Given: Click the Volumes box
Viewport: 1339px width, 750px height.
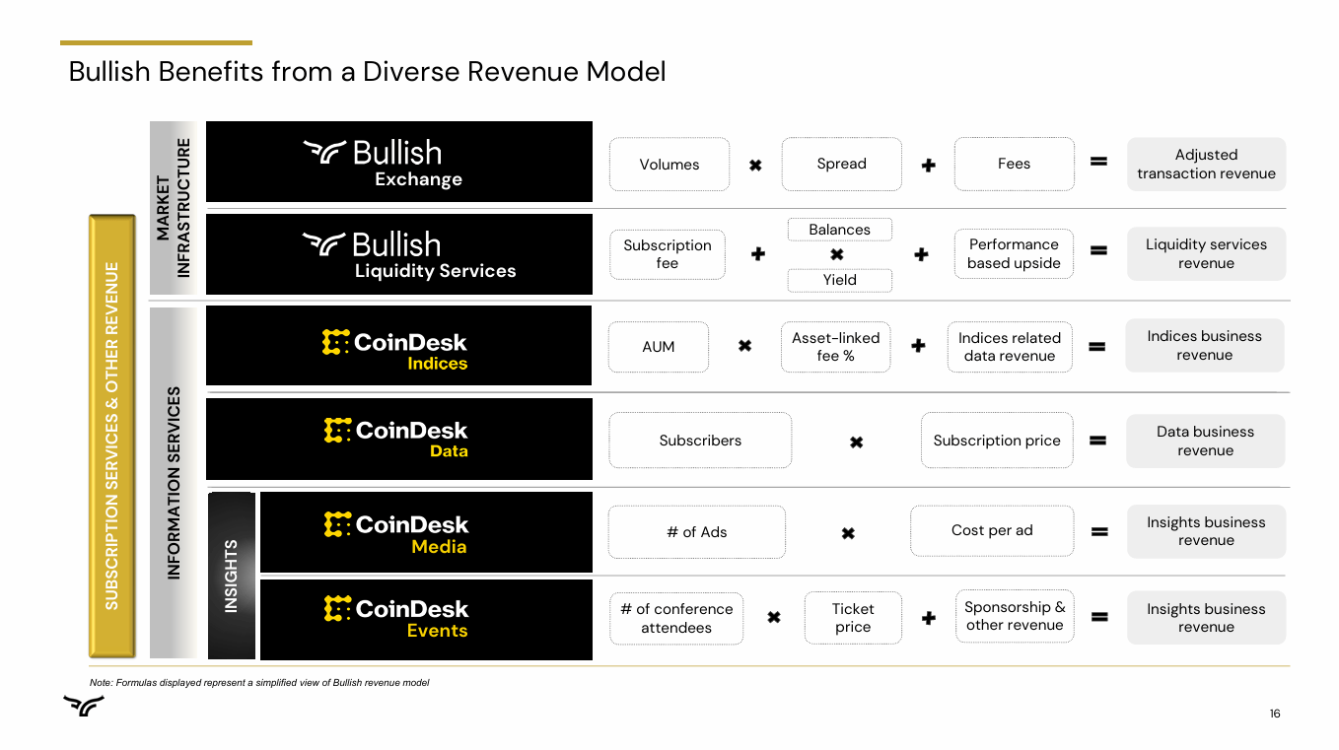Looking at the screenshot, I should point(669,165).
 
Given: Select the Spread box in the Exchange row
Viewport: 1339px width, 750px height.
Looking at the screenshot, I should point(841,164).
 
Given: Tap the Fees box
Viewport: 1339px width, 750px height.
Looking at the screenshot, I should point(1014,164).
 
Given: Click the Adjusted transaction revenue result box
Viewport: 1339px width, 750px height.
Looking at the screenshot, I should point(1206,164).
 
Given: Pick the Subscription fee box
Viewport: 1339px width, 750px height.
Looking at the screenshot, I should point(668,254).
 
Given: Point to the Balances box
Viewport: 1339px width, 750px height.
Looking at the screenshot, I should point(839,230).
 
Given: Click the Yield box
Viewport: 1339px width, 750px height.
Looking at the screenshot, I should point(839,280).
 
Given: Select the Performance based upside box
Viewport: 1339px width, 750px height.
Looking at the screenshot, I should point(1014,253).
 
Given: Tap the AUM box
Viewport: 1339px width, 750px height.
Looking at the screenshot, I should point(659,347).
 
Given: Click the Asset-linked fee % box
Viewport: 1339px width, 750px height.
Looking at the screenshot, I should point(835,347).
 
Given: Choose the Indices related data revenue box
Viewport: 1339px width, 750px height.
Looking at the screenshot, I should point(1010,347).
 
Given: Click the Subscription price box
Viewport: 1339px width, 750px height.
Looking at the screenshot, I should point(997,441).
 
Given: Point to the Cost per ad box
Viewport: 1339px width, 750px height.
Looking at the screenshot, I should point(992,531).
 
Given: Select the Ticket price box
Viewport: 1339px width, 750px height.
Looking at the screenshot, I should point(853,618).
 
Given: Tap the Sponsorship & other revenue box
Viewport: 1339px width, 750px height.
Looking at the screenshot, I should point(1015,616).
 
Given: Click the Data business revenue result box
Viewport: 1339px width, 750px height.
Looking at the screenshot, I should point(1205,441).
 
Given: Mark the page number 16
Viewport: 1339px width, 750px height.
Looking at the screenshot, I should point(1275,714).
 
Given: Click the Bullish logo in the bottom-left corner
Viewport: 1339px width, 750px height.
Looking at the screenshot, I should point(84,705).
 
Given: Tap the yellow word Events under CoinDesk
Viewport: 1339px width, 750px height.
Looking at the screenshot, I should point(437,631).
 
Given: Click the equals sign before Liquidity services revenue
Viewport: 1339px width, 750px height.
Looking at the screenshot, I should point(1098,250).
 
